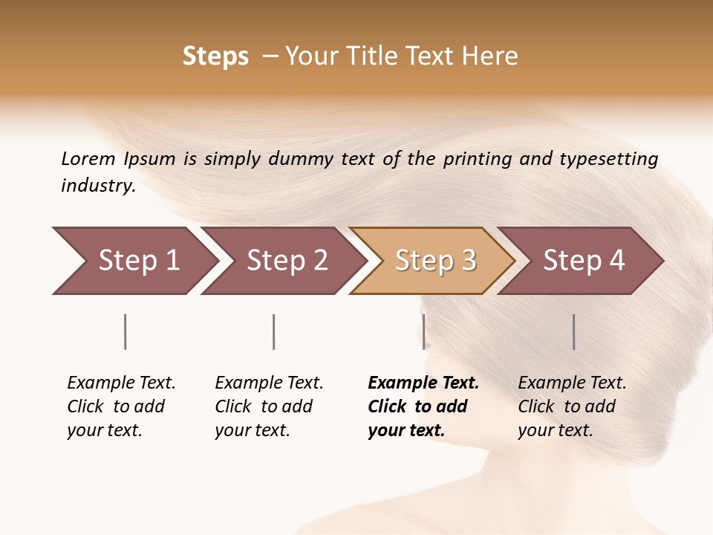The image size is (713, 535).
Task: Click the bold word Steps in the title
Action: click(x=215, y=56)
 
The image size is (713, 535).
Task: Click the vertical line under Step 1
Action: click(x=126, y=331)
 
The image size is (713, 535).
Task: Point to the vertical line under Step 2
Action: click(x=274, y=331)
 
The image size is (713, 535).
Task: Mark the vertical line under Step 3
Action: click(x=423, y=331)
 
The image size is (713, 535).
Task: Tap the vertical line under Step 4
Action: click(x=573, y=331)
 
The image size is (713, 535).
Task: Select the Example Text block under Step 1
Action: click(x=121, y=406)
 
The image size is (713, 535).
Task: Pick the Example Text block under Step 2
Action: click(x=269, y=406)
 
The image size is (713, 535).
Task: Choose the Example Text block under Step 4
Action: click(x=572, y=406)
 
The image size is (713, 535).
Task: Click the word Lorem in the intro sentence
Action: click(x=88, y=158)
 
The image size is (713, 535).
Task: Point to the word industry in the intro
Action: click(x=98, y=186)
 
